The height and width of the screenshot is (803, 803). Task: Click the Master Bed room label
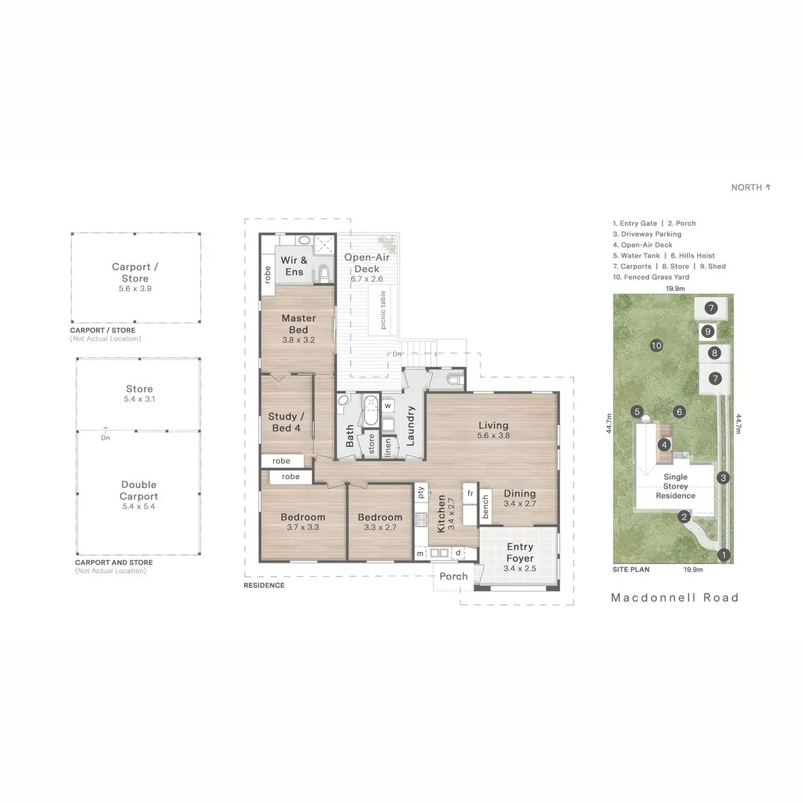click(298, 324)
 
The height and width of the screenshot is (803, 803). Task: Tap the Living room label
click(493, 425)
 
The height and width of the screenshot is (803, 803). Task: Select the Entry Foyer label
click(520, 552)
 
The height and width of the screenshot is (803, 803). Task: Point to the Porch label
click(454, 576)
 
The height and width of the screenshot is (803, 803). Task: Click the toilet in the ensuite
click(324, 273)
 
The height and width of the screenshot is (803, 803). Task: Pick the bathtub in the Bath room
click(370, 410)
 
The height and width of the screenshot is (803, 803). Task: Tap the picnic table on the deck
click(379, 310)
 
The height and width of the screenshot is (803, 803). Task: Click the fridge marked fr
click(470, 494)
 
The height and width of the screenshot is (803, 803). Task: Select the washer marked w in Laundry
click(387, 406)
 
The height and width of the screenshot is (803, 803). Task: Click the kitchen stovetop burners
click(422, 520)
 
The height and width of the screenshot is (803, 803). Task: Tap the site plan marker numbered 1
click(724, 555)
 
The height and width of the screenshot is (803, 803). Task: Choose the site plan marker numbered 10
click(656, 345)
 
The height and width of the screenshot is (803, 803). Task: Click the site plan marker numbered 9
click(707, 331)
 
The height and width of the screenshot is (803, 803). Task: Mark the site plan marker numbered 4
click(664, 445)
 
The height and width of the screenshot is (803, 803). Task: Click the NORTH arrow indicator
click(768, 187)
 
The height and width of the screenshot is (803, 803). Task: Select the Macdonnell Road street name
click(675, 598)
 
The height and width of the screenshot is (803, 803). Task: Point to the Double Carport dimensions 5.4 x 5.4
click(139, 507)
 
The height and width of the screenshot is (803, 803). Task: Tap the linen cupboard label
click(388, 448)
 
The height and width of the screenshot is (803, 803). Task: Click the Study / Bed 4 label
click(286, 422)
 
